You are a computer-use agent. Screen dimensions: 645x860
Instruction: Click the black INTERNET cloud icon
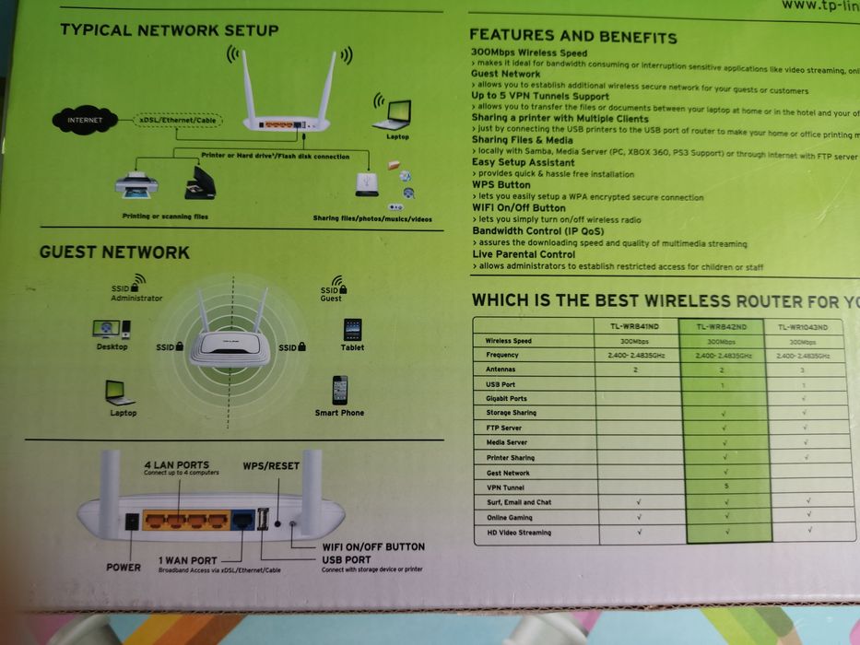click(x=85, y=120)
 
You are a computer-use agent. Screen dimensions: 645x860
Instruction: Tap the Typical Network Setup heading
click(x=170, y=30)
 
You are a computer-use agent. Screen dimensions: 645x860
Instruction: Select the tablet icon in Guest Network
click(x=352, y=330)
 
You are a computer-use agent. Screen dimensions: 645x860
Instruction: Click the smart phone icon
click(x=340, y=390)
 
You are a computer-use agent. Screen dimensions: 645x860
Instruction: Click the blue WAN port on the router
click(x=243, y=521)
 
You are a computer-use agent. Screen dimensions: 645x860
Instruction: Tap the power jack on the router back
click(x=131, y=521)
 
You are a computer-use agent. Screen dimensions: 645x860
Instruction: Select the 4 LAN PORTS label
click(x=176, y=464)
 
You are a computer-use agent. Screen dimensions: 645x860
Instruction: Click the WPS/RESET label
click(x=271, y=465)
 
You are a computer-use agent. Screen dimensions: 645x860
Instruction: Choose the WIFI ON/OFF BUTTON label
click(x=372, y=546)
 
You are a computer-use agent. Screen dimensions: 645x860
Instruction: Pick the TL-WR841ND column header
click(x=635, y=326)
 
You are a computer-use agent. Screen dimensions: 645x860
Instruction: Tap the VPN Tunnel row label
click(x=505, y=487)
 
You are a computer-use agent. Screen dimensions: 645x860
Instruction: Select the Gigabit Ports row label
click(x=506, y=398)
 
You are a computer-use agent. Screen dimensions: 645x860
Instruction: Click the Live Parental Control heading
click(x=523, y=254)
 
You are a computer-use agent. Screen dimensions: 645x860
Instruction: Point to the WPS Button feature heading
click(x=501, y=185)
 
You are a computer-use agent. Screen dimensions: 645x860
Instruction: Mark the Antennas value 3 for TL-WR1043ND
click(x=808, y=369)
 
